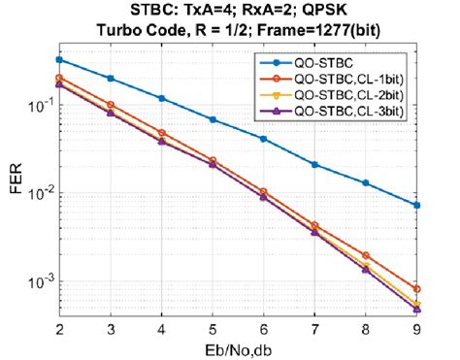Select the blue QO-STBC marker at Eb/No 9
point(417,205)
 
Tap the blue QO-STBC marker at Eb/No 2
point(59,60)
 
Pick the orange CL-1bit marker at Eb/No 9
point(417,289)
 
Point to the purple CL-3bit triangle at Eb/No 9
point(417,310)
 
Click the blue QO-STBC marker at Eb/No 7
point(315,165)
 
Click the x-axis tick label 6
point(264,330)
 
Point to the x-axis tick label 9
point(417,330)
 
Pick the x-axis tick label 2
point(59,330)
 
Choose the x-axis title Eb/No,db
point(239,348)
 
